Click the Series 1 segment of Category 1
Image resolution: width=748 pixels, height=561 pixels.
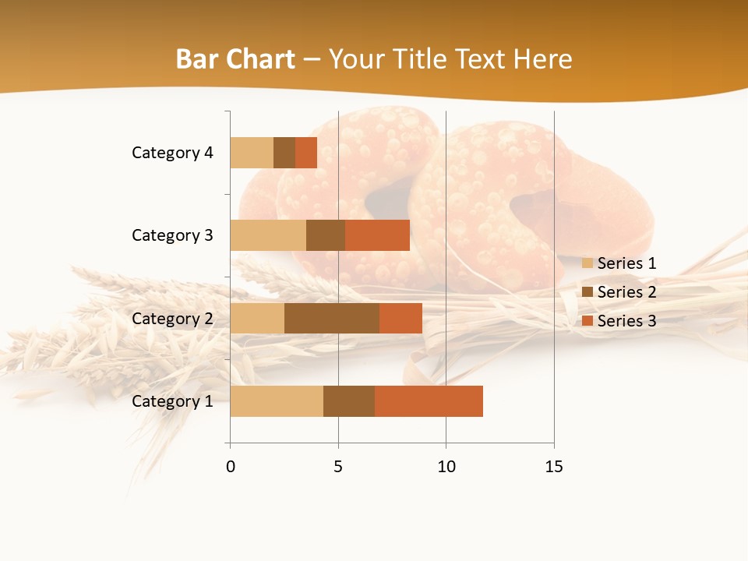(x=277, y=401)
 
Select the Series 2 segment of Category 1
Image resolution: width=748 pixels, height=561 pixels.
(x=349, y=401)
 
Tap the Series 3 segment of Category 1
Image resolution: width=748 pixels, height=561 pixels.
(x=429, y=401)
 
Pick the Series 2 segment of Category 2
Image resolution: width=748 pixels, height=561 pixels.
(x=332, y=318)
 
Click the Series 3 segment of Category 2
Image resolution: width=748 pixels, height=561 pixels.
(x=400, y=318)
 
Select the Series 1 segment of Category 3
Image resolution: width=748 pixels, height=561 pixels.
(x=268, y=235)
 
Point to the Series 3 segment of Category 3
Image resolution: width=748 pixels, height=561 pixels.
(x=377, y=235)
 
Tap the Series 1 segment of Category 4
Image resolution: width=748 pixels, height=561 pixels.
(x=252, y=153)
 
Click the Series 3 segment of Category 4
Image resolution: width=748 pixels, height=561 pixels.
(x=306, y=153)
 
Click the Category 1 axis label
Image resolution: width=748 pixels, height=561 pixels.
(x=171, y=401)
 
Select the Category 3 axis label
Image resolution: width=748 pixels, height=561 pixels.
(x=171, y=235)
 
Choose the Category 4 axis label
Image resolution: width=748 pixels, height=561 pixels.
(x=171, y=153)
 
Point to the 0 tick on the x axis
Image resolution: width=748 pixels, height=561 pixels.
(x=230, y=467)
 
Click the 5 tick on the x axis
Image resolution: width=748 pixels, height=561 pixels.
(x=338, y=467)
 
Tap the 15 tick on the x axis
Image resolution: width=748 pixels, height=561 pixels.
(x=554, y=467)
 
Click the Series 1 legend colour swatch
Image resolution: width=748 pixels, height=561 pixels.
(x=587, y=263)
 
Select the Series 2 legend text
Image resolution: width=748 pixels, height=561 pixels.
(x=626, y=292)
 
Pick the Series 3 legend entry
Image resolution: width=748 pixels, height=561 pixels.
(x=619, y=321)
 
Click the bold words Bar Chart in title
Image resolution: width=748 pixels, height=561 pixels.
(x=235, y=59)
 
